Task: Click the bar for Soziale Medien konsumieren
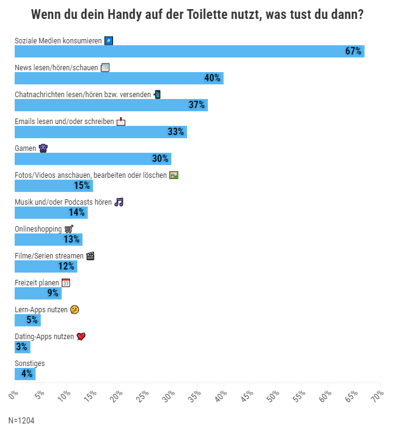click(x=189, y=51)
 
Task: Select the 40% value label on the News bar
click(x=212, y=78)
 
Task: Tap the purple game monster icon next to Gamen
click(x=43, y=148)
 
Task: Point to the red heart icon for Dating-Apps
click(x=81, y=337)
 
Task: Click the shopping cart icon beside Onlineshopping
click(x=69, y=229)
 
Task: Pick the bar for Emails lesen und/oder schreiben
click(x=101, y=132)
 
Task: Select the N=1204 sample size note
click(x=21, y=420)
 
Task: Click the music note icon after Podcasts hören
click(x=119, y=202)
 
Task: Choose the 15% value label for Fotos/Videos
click(x=82, y=185)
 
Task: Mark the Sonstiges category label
click(x=30, y=364)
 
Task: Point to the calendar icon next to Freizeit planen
click(x=66, y=283)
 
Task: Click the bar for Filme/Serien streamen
click(x=46, y=266)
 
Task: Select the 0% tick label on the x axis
click(x=13, y=395)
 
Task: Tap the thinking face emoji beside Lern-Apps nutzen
click(x=75, y=310)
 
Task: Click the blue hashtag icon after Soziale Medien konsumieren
click(x=109, y=41)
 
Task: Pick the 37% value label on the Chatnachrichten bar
click(x=197, y=104)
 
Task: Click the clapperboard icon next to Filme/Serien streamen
click(x=90, y=256)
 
